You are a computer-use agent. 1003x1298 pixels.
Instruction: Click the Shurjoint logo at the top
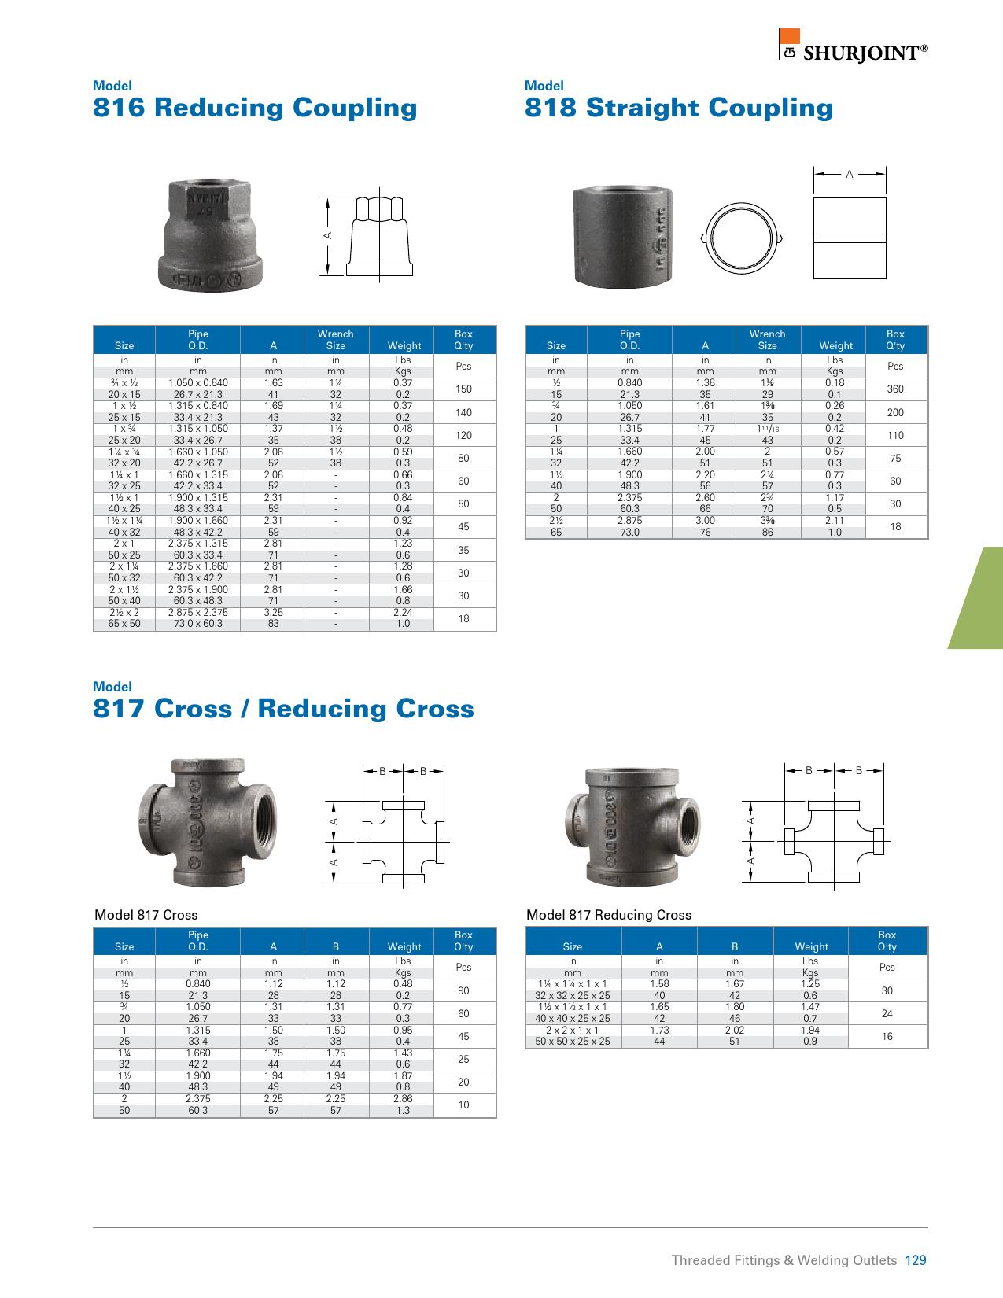pos(853,45)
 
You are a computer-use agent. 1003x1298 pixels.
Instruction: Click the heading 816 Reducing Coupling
pos(255,108)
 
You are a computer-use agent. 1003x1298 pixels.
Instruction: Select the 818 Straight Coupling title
pos(679,108)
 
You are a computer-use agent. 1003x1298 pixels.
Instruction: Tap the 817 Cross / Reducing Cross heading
pos(283,709)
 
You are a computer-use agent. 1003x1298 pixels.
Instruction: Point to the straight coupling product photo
pos(623,237)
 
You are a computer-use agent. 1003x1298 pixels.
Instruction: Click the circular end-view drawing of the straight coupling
pos(741,238)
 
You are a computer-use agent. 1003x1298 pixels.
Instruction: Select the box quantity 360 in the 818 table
pos(895,389)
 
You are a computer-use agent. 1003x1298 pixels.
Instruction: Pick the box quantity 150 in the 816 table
pos(463,389)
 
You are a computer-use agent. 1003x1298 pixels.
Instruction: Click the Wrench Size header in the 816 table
pos(336,339)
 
